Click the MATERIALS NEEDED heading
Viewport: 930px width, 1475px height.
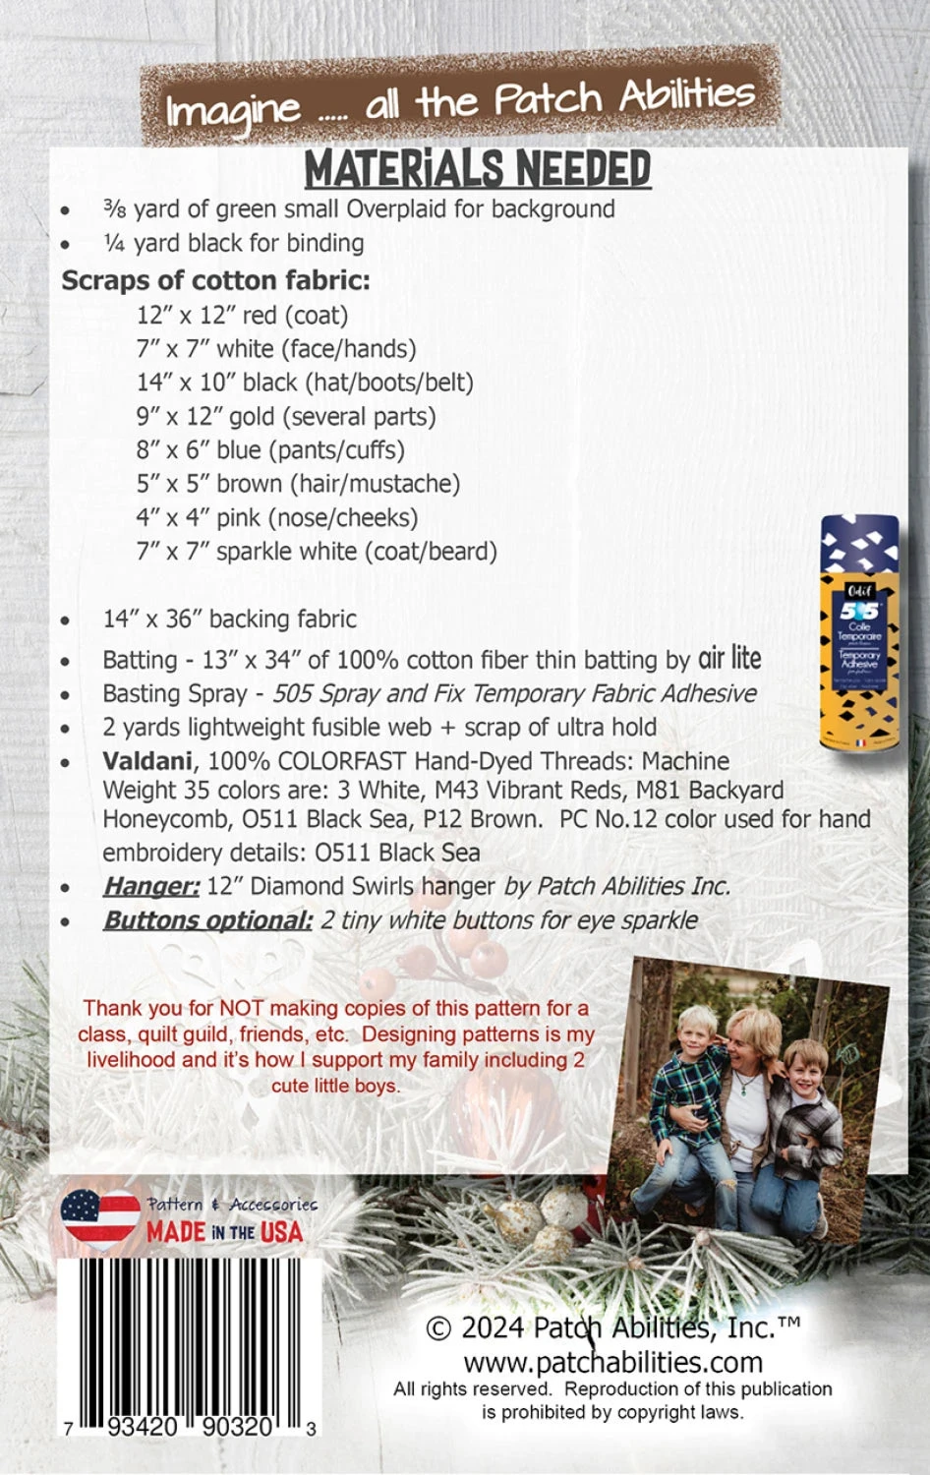(x=478, y=169)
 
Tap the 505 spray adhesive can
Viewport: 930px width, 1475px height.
(x=858, y=639)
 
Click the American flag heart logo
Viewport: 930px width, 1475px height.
(x=100, y=1218)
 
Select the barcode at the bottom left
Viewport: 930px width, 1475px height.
(x=187, y=1337)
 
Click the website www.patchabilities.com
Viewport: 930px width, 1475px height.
(x=612, y=1362)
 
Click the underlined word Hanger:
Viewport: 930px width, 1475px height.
(x=151, y=886)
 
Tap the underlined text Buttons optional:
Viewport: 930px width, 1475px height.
(x=207, y=920)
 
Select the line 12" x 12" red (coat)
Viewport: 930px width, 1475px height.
(x=243, y=316)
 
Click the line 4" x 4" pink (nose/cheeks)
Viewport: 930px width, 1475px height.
(x=277, y=517)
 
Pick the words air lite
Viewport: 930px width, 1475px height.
(x=729, y=658)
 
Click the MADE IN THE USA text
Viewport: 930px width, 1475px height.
(x=224, y=1232)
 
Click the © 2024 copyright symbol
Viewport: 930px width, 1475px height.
(x=438, y=1328)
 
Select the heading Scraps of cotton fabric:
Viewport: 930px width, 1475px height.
(x=216, y=280)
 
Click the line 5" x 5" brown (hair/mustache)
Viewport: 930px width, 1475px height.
(x=298, y=484)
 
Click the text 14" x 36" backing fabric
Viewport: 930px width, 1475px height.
(x=229, y=619)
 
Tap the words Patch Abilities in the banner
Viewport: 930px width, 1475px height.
(x=623, y=97)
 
